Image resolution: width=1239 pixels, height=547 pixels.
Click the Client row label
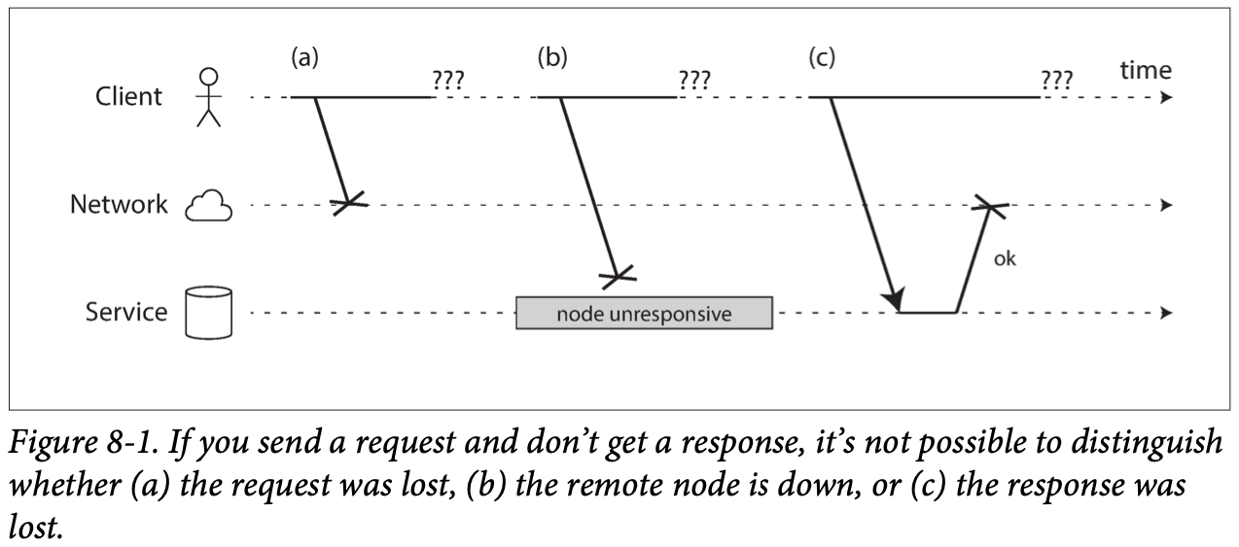[128, 96]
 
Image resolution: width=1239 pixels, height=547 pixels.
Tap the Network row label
[119, 204]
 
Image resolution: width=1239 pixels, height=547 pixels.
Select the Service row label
[126, 312]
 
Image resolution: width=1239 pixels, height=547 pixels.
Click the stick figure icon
[208, 97]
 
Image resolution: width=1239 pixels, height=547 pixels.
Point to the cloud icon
[208, 206]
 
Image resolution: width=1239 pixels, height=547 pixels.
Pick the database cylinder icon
[208, 312]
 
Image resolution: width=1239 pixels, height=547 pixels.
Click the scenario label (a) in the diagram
[304, 57]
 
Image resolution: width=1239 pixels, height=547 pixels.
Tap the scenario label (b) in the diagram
[552, 57]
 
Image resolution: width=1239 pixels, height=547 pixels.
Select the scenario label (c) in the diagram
[822, 57]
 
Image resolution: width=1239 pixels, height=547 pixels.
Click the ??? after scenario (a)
[448, 80]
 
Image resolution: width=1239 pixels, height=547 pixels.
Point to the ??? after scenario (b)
[694, 80]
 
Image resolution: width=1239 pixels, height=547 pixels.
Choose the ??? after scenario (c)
[1057, 80]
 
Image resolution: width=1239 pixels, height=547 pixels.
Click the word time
[1146, 71]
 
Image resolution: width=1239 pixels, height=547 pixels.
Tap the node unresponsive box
[645, 313]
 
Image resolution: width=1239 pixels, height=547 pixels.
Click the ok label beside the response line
[1005, 258]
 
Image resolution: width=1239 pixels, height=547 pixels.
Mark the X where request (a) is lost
[349, 203]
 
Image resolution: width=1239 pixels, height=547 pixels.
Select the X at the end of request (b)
[618, 276]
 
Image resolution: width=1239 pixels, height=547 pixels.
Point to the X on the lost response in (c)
[990, 206]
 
